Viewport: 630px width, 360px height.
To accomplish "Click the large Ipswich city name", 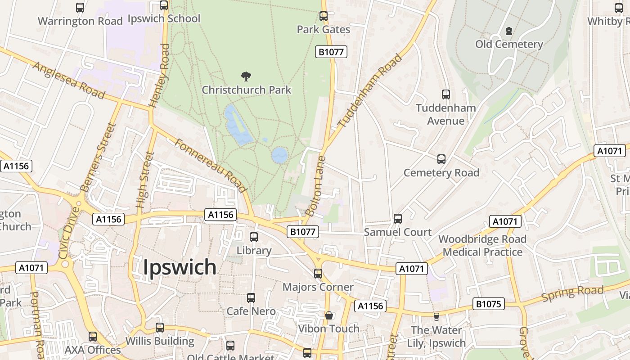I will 180,267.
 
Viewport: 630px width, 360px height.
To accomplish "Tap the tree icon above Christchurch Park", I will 246,76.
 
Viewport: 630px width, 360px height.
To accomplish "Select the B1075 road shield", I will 488,304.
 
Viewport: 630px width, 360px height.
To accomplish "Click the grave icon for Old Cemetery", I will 509,31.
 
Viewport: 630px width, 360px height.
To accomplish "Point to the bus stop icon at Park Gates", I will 323,16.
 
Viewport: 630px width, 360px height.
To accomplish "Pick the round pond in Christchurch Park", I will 279,155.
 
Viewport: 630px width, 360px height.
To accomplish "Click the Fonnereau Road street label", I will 210,165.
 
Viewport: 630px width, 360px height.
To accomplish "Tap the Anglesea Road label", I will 69,80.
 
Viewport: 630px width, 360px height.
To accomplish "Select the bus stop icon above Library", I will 254,237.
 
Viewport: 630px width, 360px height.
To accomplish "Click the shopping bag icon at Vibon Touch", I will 329,315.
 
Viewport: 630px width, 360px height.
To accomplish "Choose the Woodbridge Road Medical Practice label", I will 482,245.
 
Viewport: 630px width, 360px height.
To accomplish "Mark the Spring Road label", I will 572,293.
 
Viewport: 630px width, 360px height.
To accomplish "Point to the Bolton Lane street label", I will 315,185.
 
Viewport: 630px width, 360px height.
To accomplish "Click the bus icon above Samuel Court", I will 397,218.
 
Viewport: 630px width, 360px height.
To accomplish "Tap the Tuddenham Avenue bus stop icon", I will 445,94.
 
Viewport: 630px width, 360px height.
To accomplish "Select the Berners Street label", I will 98,157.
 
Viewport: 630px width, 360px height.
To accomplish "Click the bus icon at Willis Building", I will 160,327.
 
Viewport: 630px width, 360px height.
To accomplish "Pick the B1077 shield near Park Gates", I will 331,52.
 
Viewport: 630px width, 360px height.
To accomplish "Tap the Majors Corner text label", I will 318,287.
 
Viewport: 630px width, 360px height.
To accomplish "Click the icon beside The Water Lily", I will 436,317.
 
